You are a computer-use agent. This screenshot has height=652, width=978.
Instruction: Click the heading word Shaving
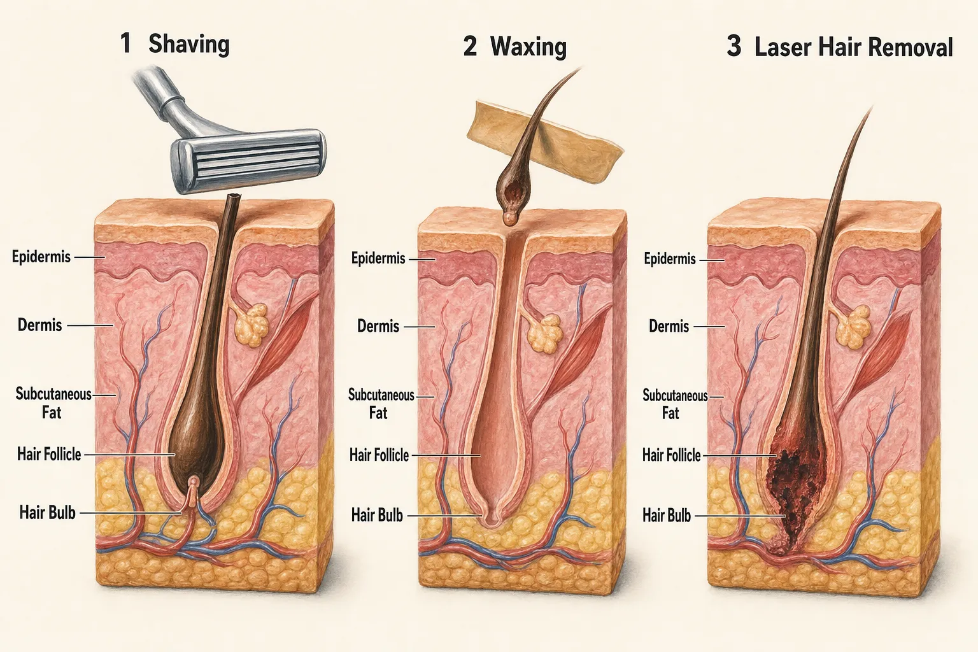pos(189,45)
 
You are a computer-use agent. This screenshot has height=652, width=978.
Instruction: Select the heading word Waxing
pos(528,46)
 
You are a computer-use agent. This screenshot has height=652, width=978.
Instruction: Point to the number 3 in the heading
pos(734,46)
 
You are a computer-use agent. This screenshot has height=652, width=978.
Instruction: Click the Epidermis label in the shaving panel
pos(41,257)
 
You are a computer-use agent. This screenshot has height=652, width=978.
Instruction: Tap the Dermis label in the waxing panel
pos(378,326)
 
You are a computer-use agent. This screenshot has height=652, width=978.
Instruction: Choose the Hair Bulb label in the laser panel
pos(667,516)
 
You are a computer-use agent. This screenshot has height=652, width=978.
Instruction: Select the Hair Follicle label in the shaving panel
pos(49,454)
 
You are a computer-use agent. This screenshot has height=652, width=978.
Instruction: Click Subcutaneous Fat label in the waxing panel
pos(381,404)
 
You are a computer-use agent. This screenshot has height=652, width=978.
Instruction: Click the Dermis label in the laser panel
pos(669,326)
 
